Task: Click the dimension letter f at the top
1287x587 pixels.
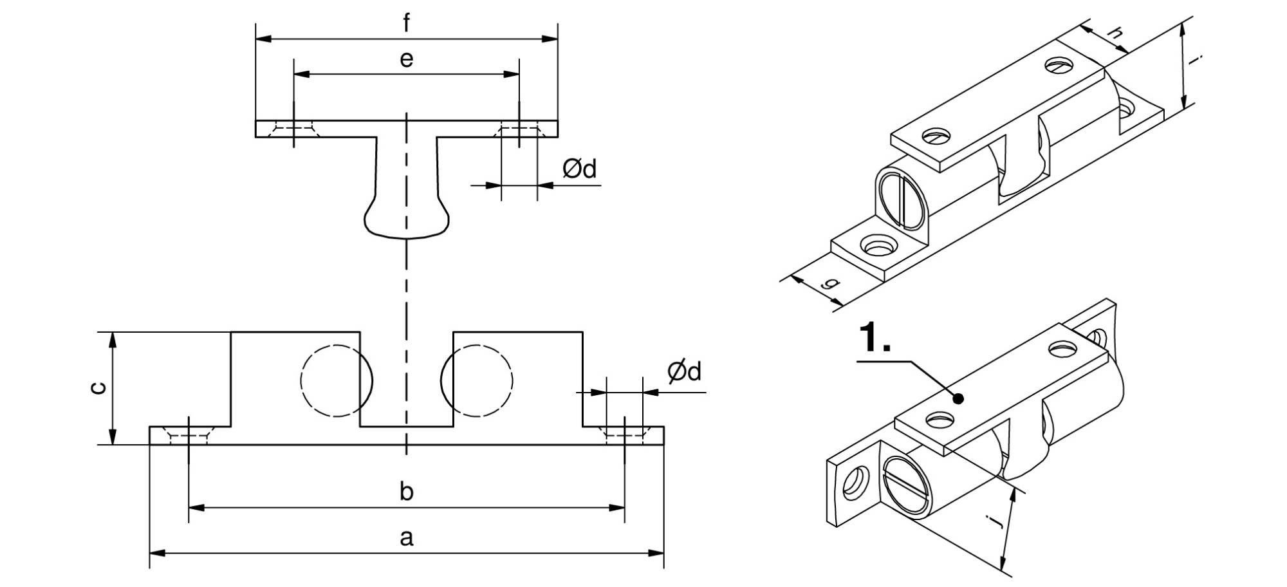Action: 406,23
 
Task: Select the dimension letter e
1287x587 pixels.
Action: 406,59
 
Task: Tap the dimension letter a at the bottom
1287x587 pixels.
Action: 406,537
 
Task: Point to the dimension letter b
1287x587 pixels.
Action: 406,492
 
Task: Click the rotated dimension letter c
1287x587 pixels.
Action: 98,387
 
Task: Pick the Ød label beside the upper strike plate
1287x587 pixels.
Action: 579,169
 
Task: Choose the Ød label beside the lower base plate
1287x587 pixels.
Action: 684,372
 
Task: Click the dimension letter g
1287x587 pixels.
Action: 832,283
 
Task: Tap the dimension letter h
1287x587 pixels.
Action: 1118,34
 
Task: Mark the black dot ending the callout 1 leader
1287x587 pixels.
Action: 958,399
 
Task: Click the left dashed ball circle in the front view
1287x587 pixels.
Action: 336,381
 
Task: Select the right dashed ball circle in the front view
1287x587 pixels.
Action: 477,381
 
